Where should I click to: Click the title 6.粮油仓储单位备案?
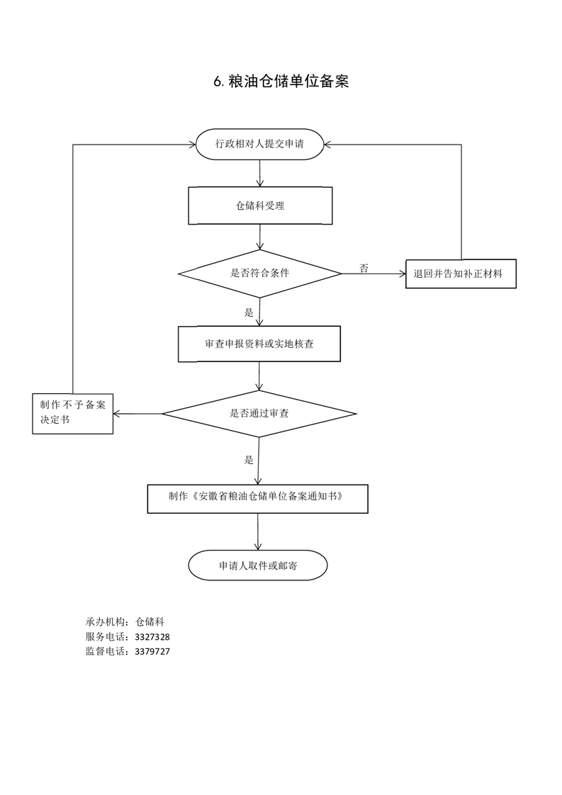pyautogui.click(x=281, y=81)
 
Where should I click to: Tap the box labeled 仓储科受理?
pyautogui.click(x=260, y=205)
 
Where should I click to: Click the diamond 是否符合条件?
pyautogui.click(x=259, y=273)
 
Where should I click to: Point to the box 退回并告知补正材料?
pyautogui.click(x=461, y=274)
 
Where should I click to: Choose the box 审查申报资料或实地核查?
pyautogui.click(x=259, y=344)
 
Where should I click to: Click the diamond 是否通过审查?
pyautogui.click(x=259, y=413)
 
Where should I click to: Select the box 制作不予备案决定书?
pyautogui.click(x=73, y=413)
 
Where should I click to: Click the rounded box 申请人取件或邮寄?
pyautogui.click(x=257, y=565)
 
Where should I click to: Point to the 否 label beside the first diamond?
pyautogui.click(x=364, y=268)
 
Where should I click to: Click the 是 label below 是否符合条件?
pyautogui.click(x=249, y=312)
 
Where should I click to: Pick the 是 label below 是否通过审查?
pyautogui.click(x=249, y=460)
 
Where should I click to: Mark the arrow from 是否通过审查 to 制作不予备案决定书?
pyautogui.click(x=138, y=413)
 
